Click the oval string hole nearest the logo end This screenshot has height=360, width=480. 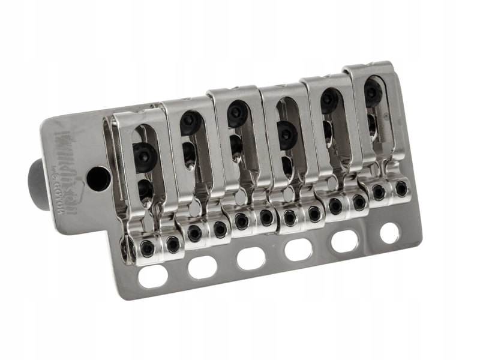pyautogui.click(x=152, y=276)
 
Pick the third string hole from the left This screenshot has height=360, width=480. pyautogui.click(x=251, y=258)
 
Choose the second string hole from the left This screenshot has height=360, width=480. pyautogui.click(x=202, y=268)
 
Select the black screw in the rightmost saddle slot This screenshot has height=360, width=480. pyautogui.click(x=372, y=91)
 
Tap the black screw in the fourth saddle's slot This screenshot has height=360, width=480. pyautogui.click(x=286, y=134)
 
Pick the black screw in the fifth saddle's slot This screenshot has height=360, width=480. pyautogui.click(x=329, y=100)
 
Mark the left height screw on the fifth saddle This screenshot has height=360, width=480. pyautogui.click(x=335, y=205)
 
